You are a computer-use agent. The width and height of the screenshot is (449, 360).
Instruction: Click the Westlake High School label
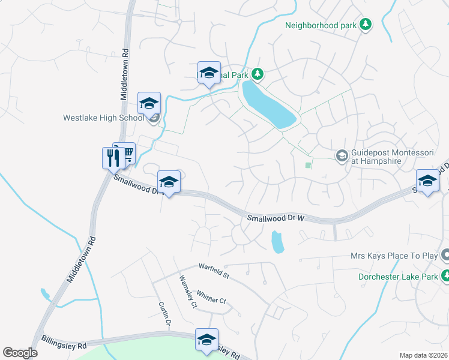103,118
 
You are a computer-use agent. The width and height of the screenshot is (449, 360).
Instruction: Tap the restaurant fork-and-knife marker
112,158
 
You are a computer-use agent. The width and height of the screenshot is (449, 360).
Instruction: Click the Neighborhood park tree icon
365,25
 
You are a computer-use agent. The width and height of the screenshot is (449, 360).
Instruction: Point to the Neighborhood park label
321,25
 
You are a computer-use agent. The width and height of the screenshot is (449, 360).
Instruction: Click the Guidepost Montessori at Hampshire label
393,157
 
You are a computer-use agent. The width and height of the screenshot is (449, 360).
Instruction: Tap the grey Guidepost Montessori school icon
342,156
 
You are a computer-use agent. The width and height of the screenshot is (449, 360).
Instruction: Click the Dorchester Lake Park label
397,277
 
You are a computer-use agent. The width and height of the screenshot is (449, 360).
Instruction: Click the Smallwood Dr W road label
277,219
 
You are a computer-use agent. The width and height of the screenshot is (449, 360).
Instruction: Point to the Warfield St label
214,271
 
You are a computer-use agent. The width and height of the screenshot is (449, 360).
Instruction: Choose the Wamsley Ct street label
188,291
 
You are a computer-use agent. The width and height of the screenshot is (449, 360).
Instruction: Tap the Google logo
20,353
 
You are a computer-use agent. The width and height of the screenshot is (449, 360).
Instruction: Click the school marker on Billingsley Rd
206,340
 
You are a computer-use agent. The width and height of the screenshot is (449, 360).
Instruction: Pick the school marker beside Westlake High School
149,104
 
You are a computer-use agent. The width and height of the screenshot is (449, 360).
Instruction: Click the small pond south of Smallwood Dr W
277,242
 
